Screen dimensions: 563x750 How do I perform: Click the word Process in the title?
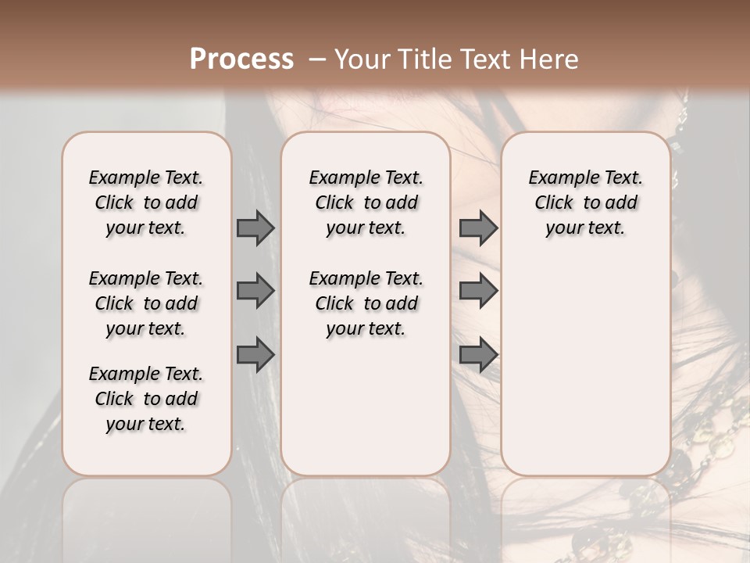241,59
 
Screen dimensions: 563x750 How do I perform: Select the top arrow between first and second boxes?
255,228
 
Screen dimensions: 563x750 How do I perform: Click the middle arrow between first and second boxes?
255,291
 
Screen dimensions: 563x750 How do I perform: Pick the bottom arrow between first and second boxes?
255,356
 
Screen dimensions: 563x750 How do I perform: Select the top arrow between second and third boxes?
478,228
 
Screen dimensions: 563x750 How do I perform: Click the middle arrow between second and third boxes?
478,291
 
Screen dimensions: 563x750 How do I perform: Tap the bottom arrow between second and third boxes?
478,356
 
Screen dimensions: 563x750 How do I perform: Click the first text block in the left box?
146,203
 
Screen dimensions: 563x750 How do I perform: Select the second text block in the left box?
146,303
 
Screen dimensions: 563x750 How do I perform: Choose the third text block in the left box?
146,399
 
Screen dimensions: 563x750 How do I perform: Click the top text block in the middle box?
366,203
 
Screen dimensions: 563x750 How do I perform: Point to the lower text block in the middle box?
366,303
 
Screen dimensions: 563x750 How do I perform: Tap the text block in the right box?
586,203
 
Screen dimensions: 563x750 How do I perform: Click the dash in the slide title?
318,60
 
